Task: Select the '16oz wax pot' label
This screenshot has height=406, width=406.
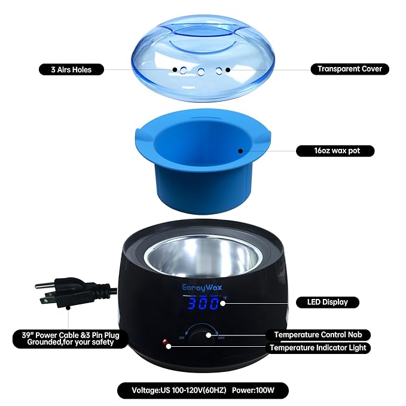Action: click(x=335, y=151)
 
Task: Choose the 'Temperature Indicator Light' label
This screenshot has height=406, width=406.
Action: click(x=318, y=347)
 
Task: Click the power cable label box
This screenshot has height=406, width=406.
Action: click(x=70, y=340)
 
